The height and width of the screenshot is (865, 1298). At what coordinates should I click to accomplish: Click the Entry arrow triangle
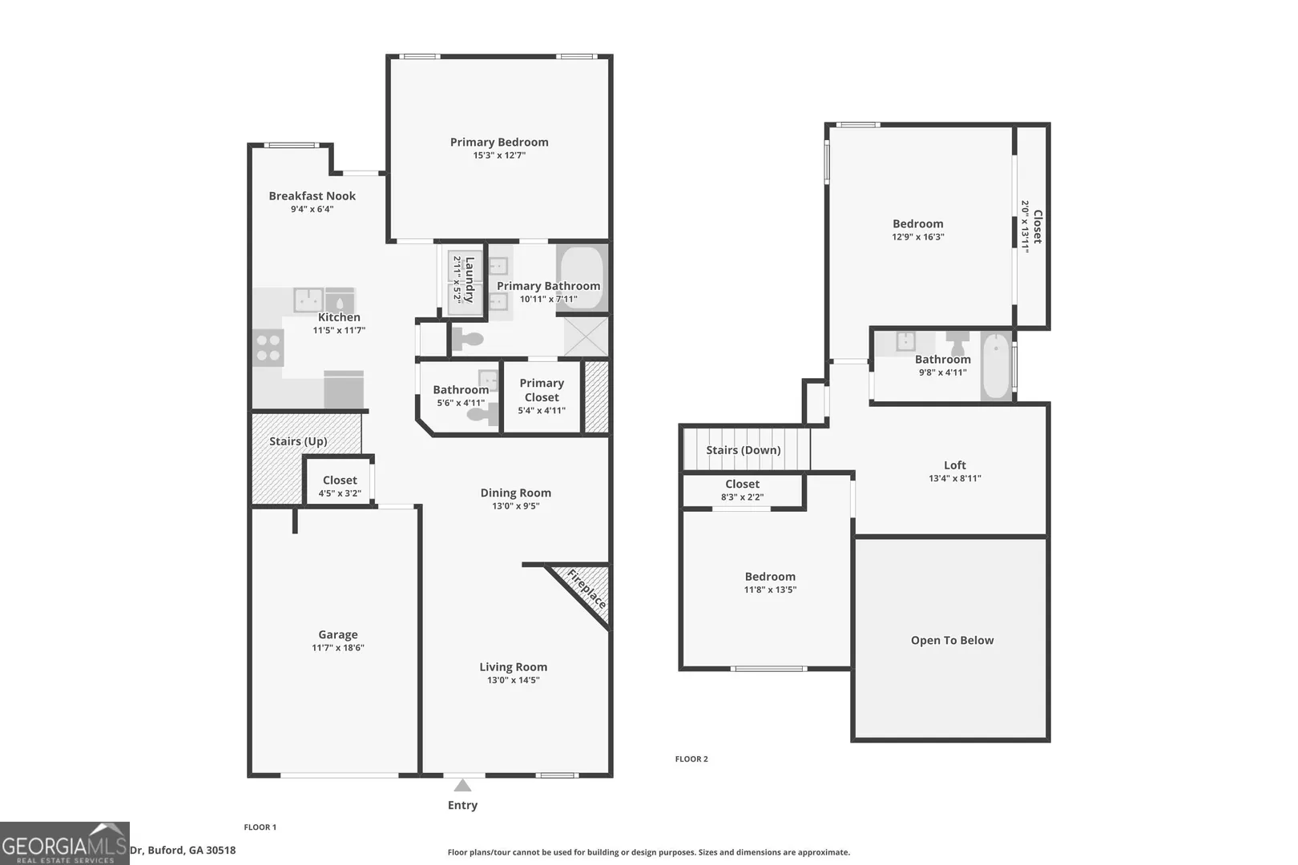coord(462,786)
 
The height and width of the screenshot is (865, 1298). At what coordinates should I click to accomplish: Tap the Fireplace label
coord(587,589)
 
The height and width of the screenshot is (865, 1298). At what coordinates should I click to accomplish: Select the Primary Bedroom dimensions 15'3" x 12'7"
coord(499,155)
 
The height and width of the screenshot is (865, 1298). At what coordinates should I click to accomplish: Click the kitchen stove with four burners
coord(268,347)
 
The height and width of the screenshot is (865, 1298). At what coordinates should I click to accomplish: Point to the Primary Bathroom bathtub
coord(582,280)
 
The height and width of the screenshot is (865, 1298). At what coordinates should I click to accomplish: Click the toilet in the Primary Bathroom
coord(468,339)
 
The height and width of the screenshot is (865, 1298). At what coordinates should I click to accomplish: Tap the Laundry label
coord(470,280)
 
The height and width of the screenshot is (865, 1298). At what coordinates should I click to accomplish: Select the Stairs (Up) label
coord(298,441)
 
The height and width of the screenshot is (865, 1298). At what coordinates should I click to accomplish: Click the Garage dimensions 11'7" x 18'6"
coord(338,648)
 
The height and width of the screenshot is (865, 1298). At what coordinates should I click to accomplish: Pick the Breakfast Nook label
coord(312,196)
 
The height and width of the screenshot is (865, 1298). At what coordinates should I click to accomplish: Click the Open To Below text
coord(952,640)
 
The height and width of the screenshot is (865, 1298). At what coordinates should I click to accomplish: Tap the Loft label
coord(955,465)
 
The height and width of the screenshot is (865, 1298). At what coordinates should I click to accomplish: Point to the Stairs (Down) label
coord(744,450)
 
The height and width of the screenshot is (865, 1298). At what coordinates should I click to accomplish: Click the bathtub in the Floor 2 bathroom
coord(997,365)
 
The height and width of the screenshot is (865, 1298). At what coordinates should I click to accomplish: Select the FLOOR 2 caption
coord(691,759)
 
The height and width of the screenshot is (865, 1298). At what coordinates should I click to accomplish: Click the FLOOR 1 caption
coord(260,827)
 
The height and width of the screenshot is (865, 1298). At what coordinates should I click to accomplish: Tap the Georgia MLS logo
coord(64,843)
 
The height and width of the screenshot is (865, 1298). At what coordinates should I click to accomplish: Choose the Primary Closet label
coord(542,390)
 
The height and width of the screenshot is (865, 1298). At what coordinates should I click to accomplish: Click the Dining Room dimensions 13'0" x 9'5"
coord(516,506)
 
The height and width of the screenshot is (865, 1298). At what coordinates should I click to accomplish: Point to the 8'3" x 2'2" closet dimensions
coord(742,497)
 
